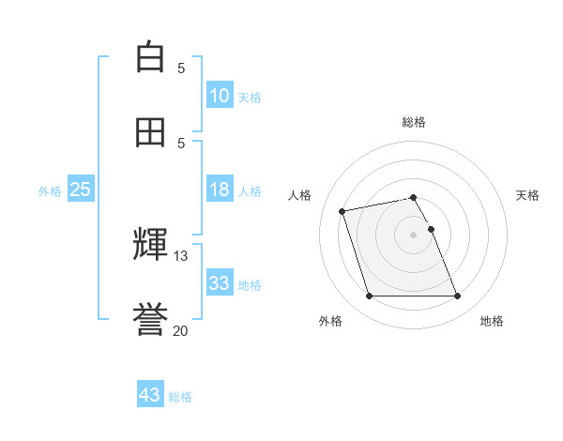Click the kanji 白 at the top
click(150, 57)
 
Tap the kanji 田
click(150, 132)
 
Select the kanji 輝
click(150, 244)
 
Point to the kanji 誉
click(150, 320)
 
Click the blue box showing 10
click(219, 96)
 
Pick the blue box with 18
click(219, 190)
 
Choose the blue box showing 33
click(219, 283)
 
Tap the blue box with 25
click(80, 190)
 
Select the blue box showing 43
click(150, 395)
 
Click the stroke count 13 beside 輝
click(181, 255)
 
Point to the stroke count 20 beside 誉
click(181, 330)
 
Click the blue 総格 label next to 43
click(180, 397)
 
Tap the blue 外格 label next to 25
click(50, 191)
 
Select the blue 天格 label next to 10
click(250, 98)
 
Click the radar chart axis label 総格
click(414, 122)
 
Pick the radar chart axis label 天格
click(527, 195)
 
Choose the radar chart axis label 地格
click(492, 321)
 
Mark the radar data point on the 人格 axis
click(342, 210)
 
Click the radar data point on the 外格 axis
click(369, 297)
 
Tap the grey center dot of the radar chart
click(414, 234)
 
